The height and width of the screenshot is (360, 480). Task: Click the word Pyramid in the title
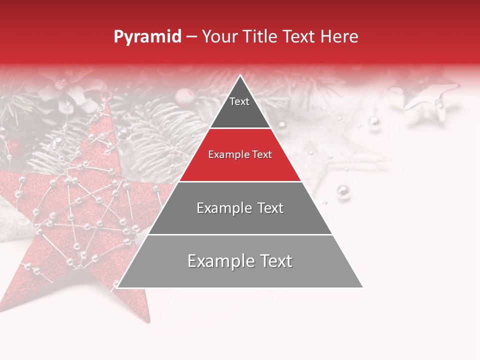click(x=147, y=37)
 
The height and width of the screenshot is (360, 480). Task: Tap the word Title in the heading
click(x=261, y=37)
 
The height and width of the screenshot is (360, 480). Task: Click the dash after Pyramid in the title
click(x=191, y=37)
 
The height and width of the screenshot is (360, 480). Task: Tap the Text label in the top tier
click(x=239, y=101)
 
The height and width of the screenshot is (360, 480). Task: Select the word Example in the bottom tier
click(x=218, y=261)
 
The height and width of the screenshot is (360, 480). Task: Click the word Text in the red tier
click(x=261, y=155)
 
